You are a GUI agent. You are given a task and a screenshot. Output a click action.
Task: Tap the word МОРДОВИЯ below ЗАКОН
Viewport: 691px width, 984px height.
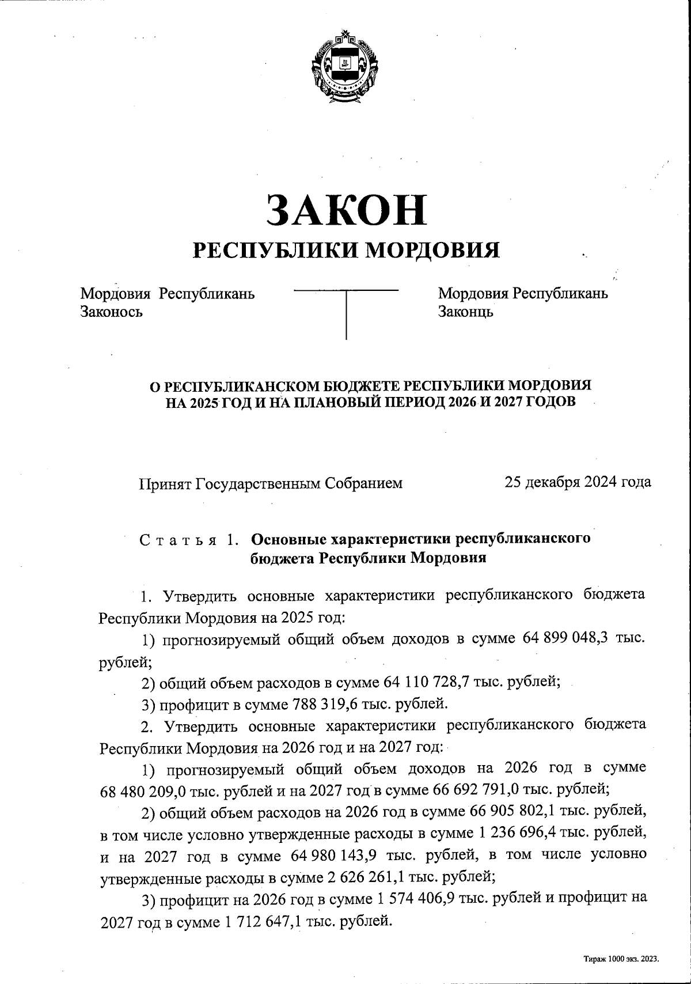[433, 249]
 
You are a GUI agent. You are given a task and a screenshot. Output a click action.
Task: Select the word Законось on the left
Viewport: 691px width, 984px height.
[111, 312]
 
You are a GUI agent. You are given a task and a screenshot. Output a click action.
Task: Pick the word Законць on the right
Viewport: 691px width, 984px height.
[465, 312]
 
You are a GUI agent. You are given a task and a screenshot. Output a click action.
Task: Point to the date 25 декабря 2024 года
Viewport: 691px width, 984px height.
[578, 482]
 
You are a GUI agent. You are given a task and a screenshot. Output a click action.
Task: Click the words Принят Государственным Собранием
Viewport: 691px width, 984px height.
[271, 483]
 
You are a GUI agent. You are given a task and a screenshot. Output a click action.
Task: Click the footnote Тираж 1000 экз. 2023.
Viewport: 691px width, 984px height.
[620, 959]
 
